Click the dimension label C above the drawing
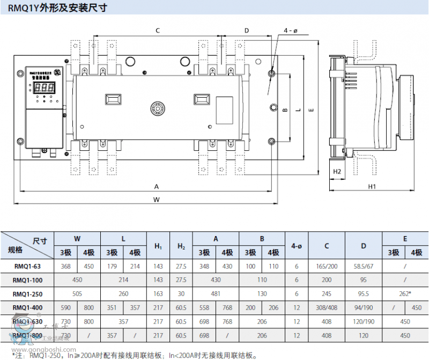tap(158, 31)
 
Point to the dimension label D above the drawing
tap(247, 31)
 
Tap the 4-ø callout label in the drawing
tap(290, 31)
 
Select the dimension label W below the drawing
tap(157, 200)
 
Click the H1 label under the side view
tap(372, 187)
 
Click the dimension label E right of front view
tap(311, 110)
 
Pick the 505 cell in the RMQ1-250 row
tap(77, 294)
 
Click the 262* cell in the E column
tap(405, 294)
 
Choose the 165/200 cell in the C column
tap(327, 266)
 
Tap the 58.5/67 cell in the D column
tap(364, 266)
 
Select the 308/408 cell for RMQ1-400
tap(327, 308)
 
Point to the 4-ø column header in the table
tap(296, 246)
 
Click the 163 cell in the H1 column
tap(158, 294)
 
